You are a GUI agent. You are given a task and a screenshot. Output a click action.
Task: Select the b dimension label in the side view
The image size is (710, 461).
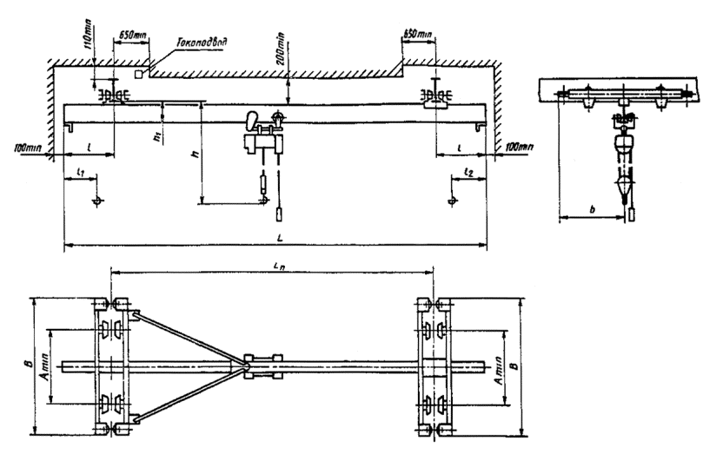coord(592,209)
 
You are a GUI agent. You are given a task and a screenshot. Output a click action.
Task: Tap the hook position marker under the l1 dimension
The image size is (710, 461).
coord(96,201)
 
